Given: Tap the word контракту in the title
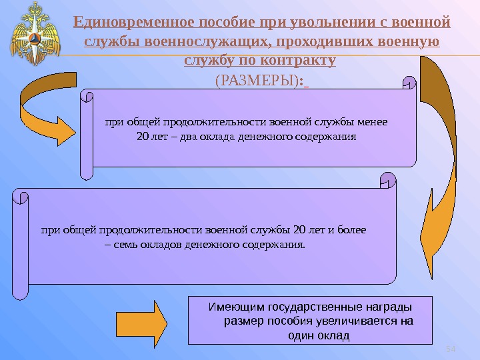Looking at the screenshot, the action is [295, 61].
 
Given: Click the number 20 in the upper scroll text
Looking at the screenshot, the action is [142, 137].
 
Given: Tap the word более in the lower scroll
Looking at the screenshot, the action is [351, 231].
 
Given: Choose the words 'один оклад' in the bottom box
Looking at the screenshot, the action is [317, 335].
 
